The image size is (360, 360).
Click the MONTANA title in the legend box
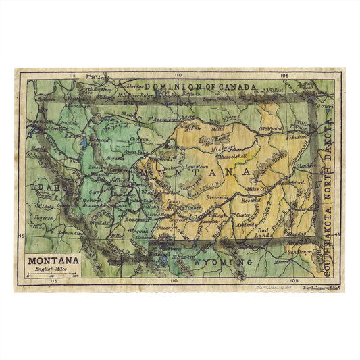pos(53,259)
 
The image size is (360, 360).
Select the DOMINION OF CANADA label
pos(196,87)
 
